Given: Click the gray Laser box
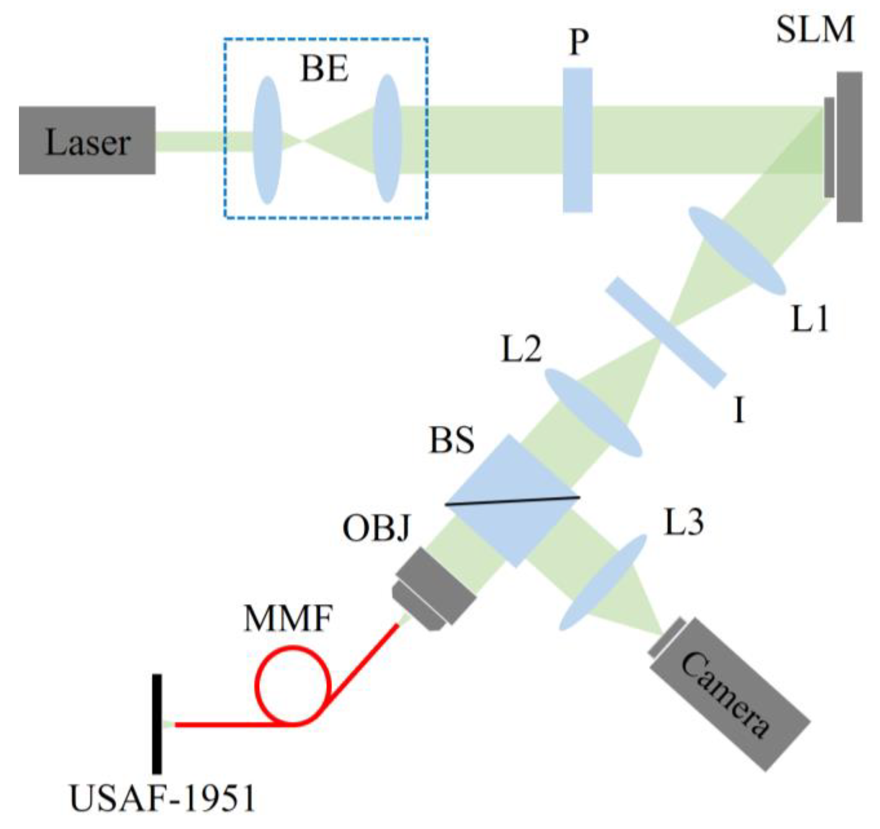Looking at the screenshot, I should (87, 140).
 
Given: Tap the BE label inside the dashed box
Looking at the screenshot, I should (324, 70).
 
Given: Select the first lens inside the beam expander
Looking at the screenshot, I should (267, 140).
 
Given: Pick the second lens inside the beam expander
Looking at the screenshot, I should (386, 138).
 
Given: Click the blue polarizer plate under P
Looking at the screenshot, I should (577, 140).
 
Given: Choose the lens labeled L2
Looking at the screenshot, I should (592, 413).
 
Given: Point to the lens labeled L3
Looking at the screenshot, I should (602, 582).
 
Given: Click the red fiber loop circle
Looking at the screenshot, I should (294, 685).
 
